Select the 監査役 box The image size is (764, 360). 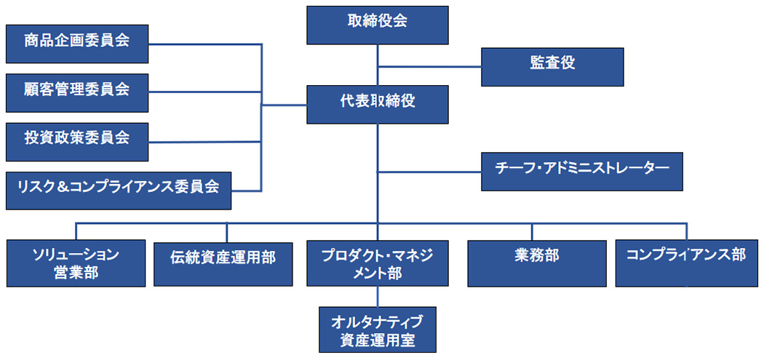(552, 66)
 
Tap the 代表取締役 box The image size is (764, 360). (377, 104)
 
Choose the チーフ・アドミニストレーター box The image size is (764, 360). (581, 171)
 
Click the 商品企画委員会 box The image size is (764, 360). (77, 44)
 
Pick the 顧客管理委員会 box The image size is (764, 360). (77, 92)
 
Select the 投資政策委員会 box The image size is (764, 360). (77, 141)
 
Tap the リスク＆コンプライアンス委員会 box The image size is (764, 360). (118, 191)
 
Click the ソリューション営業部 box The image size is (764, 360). (76, 263)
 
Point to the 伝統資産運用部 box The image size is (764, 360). (223, 263)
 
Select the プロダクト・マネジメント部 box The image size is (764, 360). (377, 263)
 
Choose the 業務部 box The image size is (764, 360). (536, 263)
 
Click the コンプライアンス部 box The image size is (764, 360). (685, 263)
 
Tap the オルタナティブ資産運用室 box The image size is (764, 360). (377, 329)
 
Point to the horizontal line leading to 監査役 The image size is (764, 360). (429, 67)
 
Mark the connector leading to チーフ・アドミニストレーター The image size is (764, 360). (429, 172)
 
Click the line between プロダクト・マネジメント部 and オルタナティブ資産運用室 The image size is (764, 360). (377, 296)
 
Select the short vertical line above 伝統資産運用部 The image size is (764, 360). (227, 232)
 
